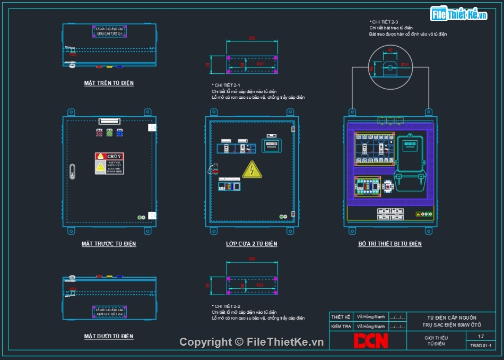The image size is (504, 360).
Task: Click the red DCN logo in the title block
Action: pyautogui.click(x=371, y=340)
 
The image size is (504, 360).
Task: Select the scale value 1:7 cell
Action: pyautogui.click(x=481, y=336)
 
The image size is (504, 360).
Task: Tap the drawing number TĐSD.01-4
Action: pyautogui.click(x=481, y=346)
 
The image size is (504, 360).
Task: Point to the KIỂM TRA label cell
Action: pyautogui.click(x=341, y=327)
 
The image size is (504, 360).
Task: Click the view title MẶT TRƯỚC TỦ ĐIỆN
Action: pyautogui.click(x=109, y=244)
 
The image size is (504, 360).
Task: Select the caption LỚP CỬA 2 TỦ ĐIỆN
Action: pyautogui.click(x=251, y=244)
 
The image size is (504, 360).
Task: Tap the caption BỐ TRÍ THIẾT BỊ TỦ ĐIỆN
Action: pyautogui.click(x=390, y=244)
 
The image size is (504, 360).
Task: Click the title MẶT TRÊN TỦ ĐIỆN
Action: pyautogui.click(x=109, y=83)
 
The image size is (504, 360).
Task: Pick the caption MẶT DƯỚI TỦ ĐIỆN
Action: pyautogui.click(x=109, y=336)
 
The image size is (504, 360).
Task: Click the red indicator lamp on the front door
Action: pyautogui.click(x=99, y=133)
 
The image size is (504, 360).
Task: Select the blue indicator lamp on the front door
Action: pyautogui.click(x=119, y=133)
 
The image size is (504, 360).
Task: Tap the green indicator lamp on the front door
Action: pyautogui.click(x=109, y=133)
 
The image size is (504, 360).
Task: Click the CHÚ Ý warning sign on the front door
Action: pyautogui.click(x=109, y=164)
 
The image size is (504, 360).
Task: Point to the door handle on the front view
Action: pyautogui.click(x=73, y=170)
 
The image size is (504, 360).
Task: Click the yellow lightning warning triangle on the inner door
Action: pyautogui.click(x=251, y=169)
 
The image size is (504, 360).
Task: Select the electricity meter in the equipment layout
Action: pyautogui.click(x=409, y=161)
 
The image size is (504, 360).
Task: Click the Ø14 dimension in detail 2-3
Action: pyautogui.click(x=405, y=65)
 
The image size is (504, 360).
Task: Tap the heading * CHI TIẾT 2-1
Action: pyautogui.click(x=226, y=85)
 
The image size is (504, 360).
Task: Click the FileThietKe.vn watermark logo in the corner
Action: pyautogui.click(x=459, y=14)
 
